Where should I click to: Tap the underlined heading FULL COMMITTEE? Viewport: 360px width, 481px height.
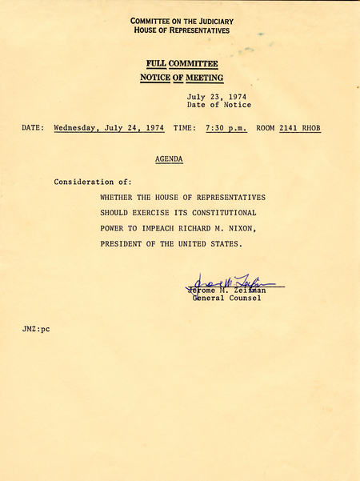182,63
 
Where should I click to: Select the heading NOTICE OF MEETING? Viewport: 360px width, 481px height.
182,78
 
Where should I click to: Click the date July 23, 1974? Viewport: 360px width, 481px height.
215,96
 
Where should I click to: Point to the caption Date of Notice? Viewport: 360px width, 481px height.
218,105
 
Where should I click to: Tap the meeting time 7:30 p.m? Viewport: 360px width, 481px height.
226,127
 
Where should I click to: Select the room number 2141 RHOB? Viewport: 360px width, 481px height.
300,127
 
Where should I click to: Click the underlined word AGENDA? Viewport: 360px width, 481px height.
169,159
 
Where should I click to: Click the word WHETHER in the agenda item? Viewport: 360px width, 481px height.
119,197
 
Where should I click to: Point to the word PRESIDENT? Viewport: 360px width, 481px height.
125,244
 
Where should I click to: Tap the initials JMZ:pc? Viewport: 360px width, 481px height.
37,330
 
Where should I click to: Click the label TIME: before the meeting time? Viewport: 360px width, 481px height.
184,127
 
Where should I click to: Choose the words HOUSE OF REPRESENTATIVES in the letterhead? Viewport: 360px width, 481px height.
182,30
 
